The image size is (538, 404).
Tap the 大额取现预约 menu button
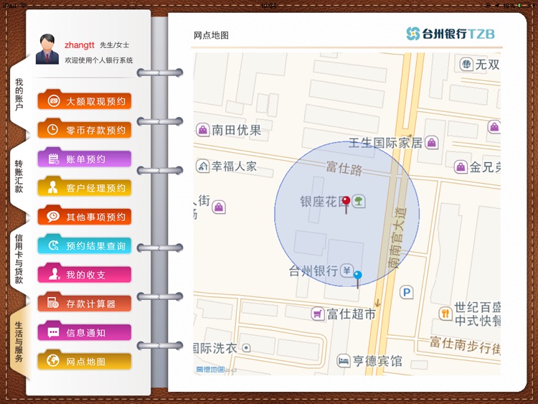[85, 101]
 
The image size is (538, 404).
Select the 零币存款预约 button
[85, 130]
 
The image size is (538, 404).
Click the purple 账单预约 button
[85, 159]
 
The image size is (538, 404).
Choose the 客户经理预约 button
[85, 188]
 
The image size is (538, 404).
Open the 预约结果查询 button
[85, 245]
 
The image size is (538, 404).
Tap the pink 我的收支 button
[85, 275]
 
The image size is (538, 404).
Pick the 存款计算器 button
[85, 304]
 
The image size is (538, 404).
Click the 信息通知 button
[85, 332]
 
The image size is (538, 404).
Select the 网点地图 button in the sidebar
[85, 361]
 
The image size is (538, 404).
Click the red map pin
[346, 202]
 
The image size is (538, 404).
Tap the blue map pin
[358, 276]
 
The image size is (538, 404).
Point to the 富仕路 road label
[344, 166]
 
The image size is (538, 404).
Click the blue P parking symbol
[407, 292]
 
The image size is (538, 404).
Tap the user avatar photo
[47, 49]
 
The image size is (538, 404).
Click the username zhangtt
[80, 44]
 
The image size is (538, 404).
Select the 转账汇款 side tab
[19, 176]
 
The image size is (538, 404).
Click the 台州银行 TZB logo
[450, 34]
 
